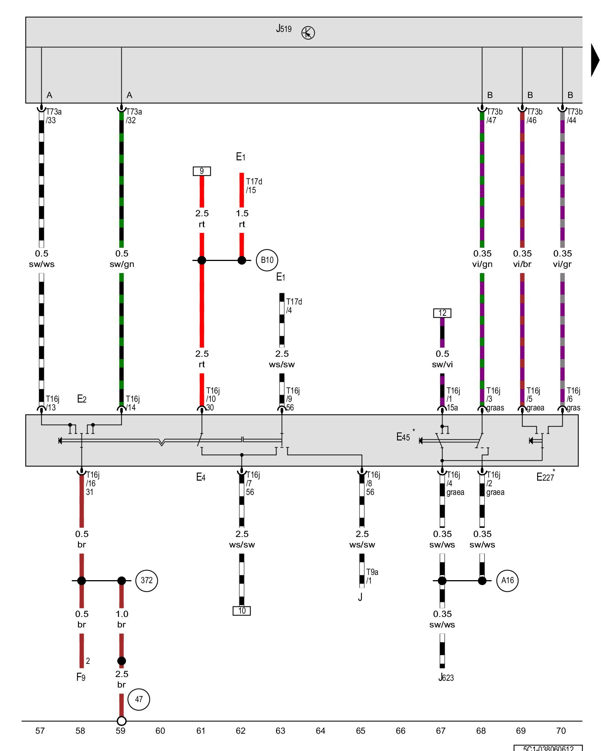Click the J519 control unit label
(x=284, y=29)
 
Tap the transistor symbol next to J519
(x=308, y=33)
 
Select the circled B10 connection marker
(x=267, y=260)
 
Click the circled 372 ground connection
(x=146, y=580)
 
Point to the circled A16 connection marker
(x=507, y=580)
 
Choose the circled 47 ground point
(x=139, y=699)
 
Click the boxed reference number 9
(x=202, y=171)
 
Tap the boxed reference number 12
(x=442, y=313)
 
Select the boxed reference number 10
(x=242, y=611)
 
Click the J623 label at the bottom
(x=446, y=678)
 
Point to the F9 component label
(x=81, y=677)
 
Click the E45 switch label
(x=403, y=437)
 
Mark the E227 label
(x=545, y=477)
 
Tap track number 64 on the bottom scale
(x=320, y=731)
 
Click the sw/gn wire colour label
(x=122, y=264)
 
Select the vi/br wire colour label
(x=522, y=264)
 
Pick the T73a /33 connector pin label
(x=53, y=116)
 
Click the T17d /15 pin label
(x=254, y=186)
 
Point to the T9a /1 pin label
(x=372, y=576)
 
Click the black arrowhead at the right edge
(x=595, y=60)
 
